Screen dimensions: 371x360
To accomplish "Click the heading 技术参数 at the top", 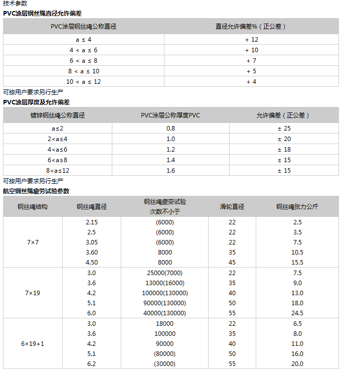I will click(x=15, y=4).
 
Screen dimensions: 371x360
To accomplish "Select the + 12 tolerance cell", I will click(x=251, y=39).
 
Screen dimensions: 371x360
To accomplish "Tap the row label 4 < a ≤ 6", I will click(x=83, y=50).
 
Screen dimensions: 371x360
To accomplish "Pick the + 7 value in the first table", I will click(x=251, y=60).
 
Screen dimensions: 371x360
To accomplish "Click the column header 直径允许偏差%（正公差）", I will click(x=251, y=26).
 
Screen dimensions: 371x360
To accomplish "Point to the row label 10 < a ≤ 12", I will click(x=83, y=81).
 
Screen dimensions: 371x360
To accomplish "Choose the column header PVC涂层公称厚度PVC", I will click(x=170, y=115).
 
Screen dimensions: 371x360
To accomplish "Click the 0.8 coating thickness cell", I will click(x=170, y=129).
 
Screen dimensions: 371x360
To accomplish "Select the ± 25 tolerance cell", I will click(x=284, y=129).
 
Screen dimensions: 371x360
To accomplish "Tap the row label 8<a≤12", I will click(x=58, y=171).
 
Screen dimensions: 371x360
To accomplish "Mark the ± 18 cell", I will click(x=284, y=150).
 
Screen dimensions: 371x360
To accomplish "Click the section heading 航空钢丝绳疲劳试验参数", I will click(x=36, y=191).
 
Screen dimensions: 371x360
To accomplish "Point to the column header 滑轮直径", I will click(x=232, y=206).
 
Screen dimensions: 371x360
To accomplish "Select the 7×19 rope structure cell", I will click(x=33, y=293).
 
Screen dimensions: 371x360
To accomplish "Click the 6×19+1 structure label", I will click(x=33, y=343).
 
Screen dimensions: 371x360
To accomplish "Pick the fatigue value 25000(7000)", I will click(x=164, y=273).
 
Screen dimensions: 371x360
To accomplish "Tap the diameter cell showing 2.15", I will click(x=91, y=222).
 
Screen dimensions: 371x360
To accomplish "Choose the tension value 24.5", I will click(x=297, y=313).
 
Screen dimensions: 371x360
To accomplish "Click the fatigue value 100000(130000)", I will click(x=164, y=293).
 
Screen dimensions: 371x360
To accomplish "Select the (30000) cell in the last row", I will click(x=164, y=363).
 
